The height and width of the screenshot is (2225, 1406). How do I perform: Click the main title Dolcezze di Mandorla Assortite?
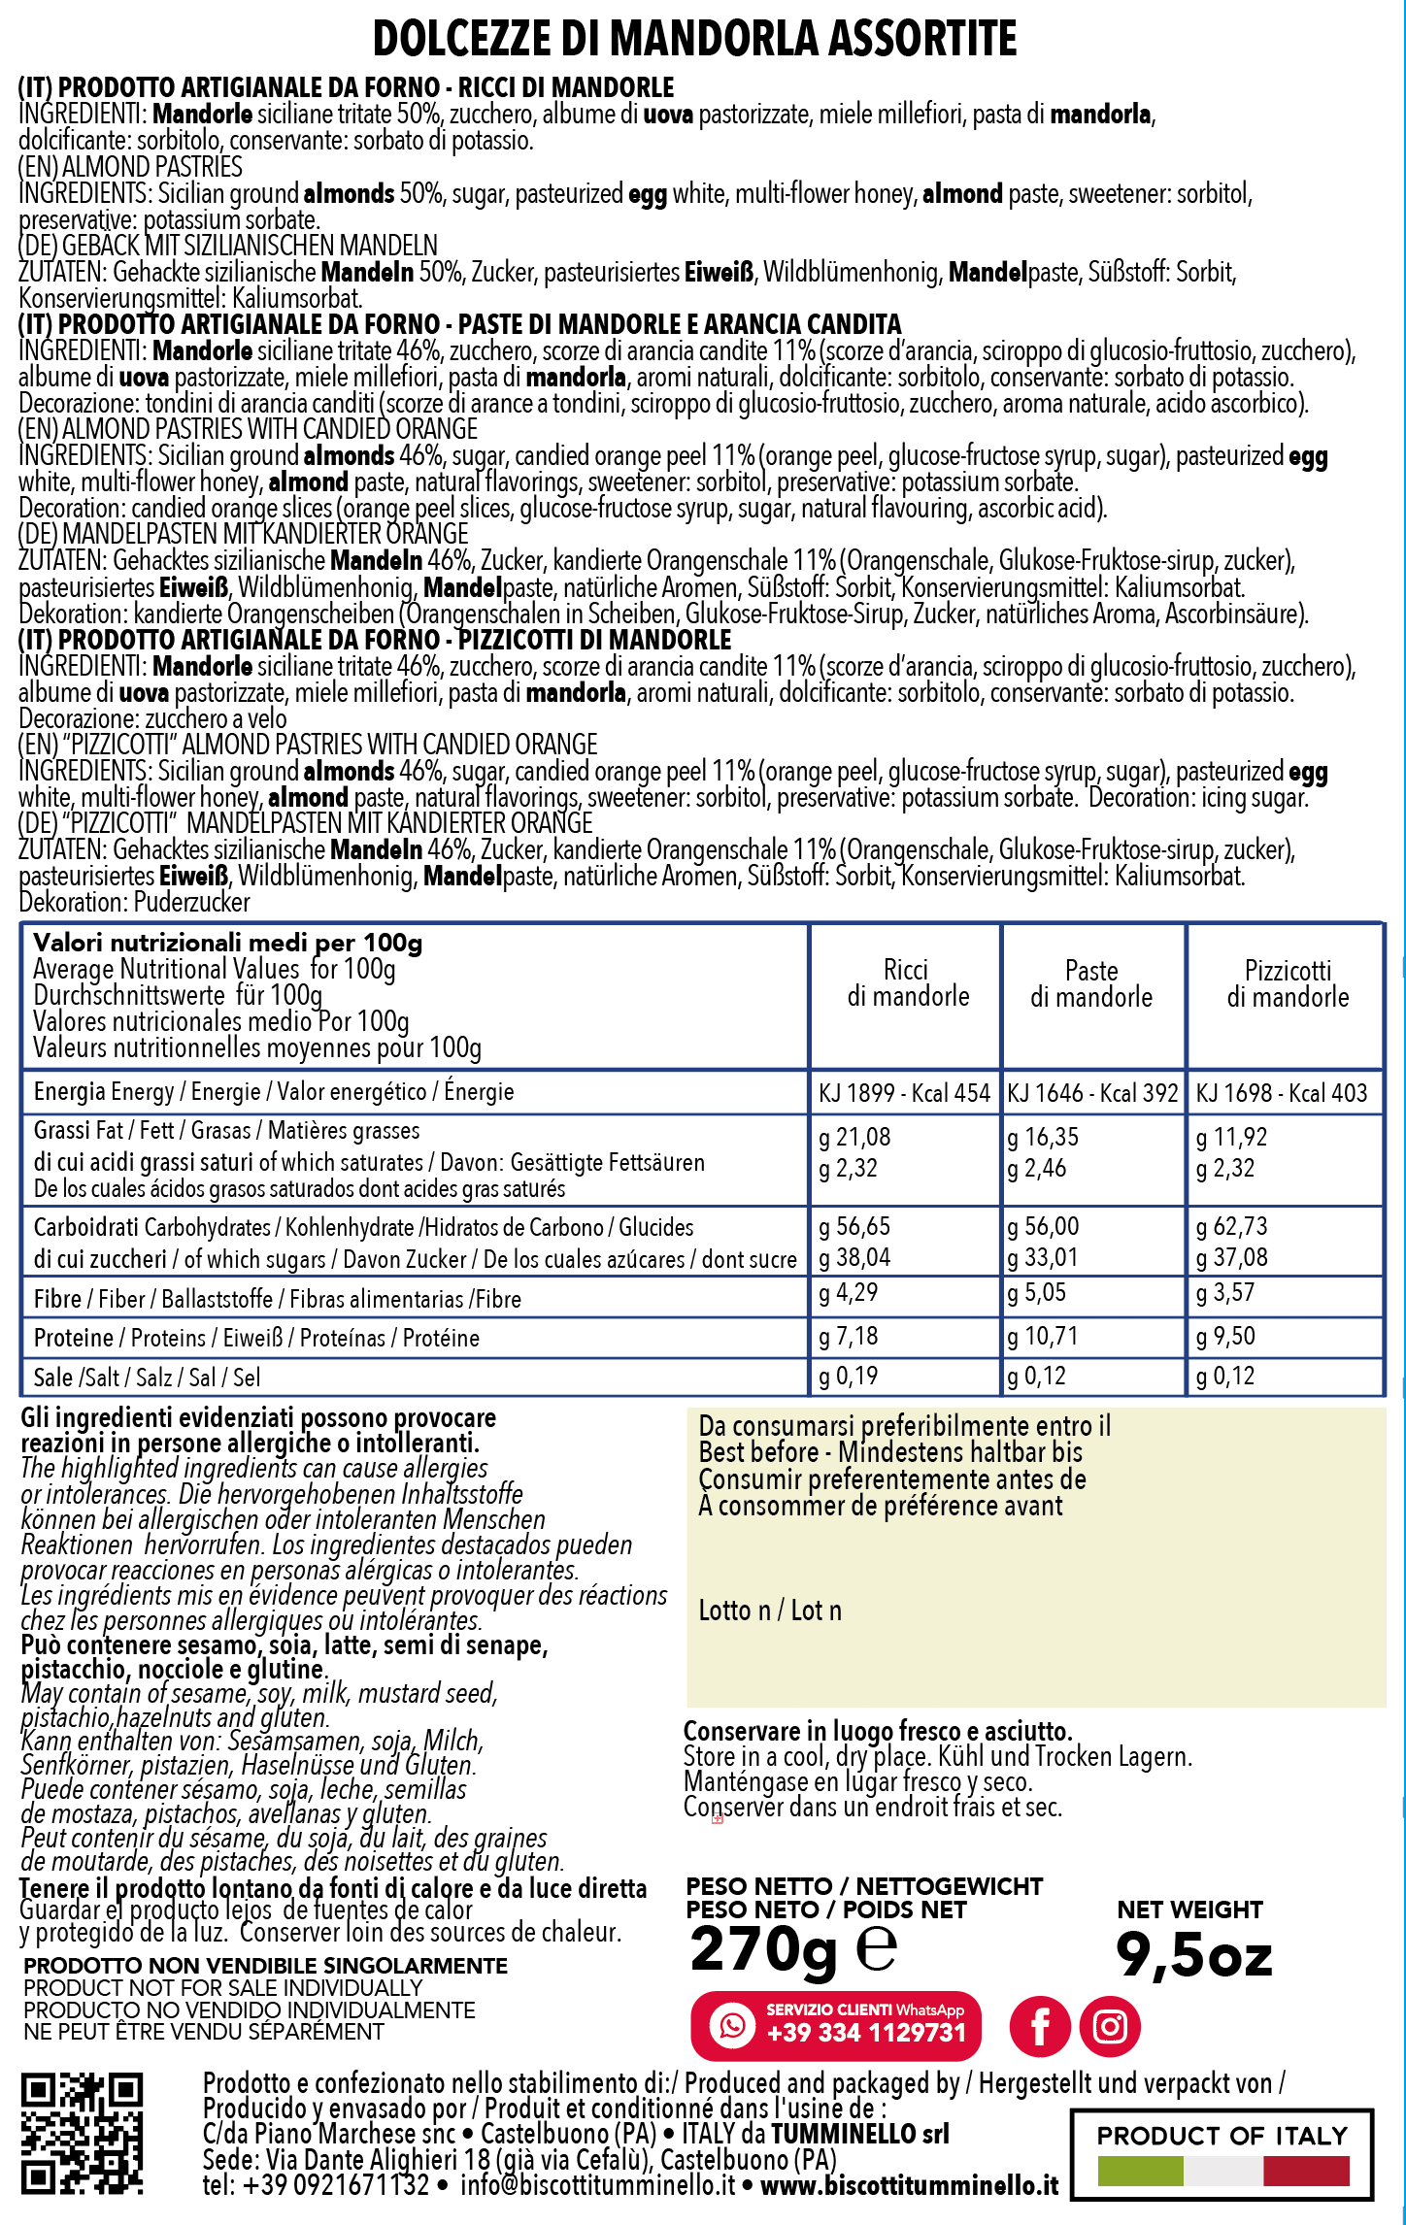[694, 39]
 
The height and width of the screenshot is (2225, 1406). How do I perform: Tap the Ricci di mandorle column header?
[907, 983]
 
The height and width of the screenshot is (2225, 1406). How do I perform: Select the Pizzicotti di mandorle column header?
[1288, 983]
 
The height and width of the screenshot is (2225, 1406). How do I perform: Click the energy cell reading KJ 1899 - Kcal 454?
[904, 1093]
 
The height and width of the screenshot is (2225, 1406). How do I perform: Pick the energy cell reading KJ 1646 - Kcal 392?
[1092, 1093]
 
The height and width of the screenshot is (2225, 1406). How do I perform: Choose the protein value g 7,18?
[849, 1337]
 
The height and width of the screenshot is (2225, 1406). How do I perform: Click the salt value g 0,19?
[849, 1376]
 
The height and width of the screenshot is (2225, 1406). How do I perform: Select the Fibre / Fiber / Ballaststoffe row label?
[277, 1299]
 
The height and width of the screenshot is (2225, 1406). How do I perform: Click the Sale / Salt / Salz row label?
[147, 1378]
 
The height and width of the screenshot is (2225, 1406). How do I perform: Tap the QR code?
[82, 2133]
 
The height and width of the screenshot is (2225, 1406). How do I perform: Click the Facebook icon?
[1040, 2027]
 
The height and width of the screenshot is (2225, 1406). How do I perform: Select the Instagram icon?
[1110, 2027]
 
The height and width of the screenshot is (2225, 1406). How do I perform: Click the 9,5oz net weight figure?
[1193, 1955]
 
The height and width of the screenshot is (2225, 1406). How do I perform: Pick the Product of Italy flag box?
[1222, 2154]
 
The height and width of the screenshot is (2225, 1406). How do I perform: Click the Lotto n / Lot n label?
[770, 1611]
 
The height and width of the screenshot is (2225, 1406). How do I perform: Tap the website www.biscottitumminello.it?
[909, 2185]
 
